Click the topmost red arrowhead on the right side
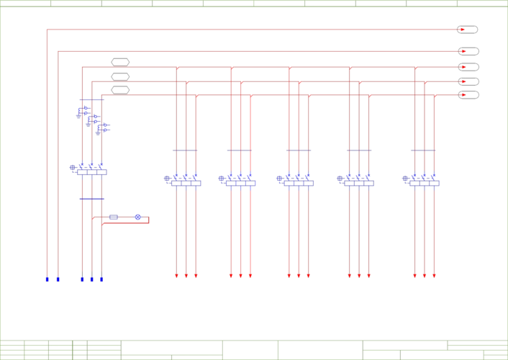(462, 30)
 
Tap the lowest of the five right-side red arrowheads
(462, 94)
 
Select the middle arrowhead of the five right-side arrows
(462, 66)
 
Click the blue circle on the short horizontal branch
(137, 217)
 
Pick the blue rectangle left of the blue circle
(114, 217)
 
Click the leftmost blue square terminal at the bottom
(47, 279)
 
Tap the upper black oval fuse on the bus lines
(120, 65)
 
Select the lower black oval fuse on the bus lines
(120, 90)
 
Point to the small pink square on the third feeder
(302, 193)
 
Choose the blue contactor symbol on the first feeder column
(183, 179)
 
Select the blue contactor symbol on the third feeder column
(295, 179)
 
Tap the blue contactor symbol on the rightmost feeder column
(422, 179)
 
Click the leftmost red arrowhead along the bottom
(176, 276)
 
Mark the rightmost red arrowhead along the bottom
(434, 276)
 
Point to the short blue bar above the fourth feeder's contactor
(358, 151)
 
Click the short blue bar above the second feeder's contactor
(238, 151)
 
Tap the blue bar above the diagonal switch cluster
(92, 99)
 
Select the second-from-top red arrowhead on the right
(462, 50)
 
